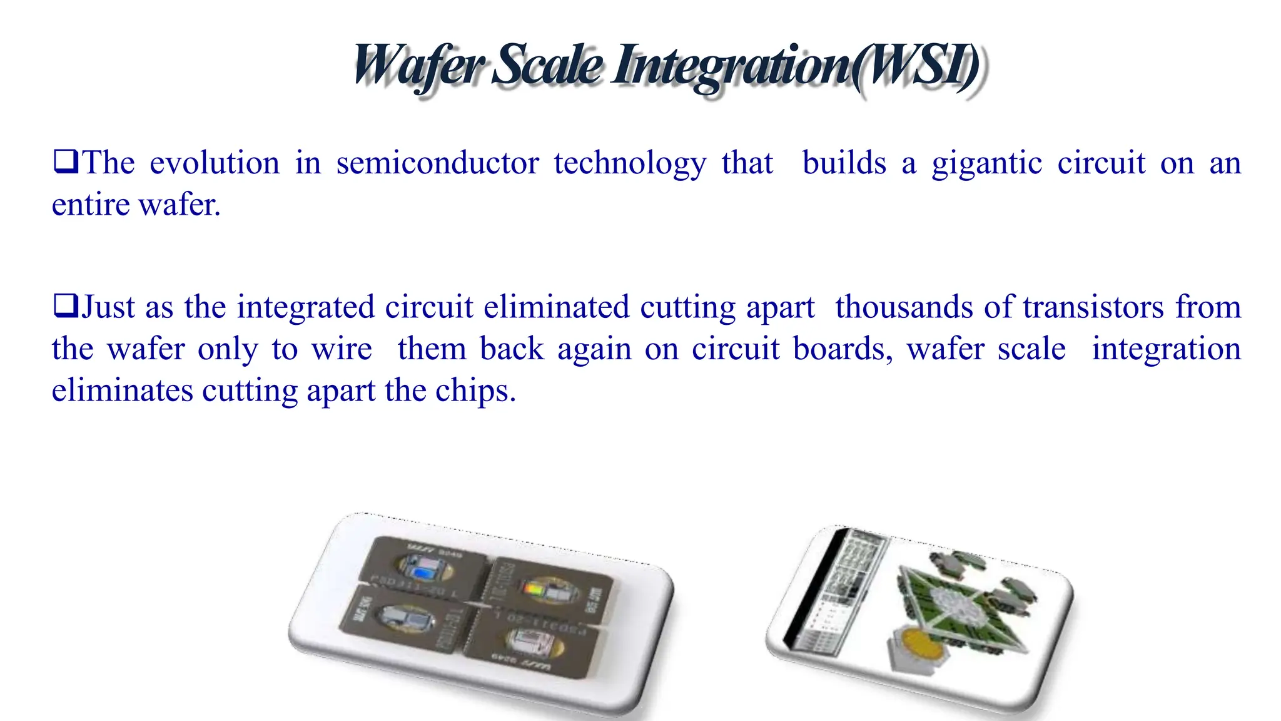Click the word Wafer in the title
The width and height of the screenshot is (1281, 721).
click(x=417, y=66)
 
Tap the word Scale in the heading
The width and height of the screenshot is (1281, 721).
click(x=548, y=66)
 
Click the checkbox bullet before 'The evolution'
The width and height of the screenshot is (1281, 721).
click(x=65, y=162)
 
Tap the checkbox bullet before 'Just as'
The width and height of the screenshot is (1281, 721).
click(x=65, y=306)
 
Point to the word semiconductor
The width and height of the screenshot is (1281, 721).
click(x=437, y=163)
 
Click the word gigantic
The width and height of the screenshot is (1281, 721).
click(x=986, y=165)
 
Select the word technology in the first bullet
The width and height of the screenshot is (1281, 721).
click(x=630, y=165)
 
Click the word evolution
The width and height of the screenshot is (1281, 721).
click(x=215, y=163)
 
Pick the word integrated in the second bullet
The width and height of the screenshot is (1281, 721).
click(x=305, y=307)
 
